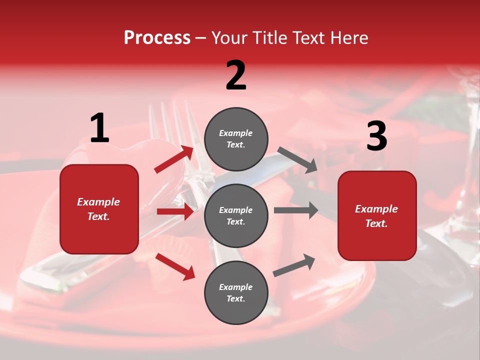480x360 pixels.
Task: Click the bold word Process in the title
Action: tap(157, 38)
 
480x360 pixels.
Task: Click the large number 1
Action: tap(99, 128)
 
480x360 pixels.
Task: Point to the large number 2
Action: tap(236, 75)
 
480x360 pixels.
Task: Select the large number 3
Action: tap(376, 136)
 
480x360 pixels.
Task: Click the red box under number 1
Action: tap(99, 209)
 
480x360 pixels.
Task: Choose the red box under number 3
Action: tap(377, 216)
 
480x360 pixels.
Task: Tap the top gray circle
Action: tap(236, 139)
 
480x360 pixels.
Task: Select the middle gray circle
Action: tap(236, 216)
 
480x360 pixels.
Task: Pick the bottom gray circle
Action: tap(236, 293)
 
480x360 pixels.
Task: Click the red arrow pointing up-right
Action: tap(174, 159)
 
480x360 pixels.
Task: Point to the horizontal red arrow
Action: tap(175, 211)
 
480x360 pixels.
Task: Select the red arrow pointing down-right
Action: tap(175, 266)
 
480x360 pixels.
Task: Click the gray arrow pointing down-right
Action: tap(297, 160)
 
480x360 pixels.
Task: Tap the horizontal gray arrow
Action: tap(295, 210)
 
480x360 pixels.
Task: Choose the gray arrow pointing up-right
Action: tap(294, 265)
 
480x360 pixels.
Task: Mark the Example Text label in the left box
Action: tap(99, 209)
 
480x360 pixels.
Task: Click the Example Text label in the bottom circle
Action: tap(236, 293)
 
